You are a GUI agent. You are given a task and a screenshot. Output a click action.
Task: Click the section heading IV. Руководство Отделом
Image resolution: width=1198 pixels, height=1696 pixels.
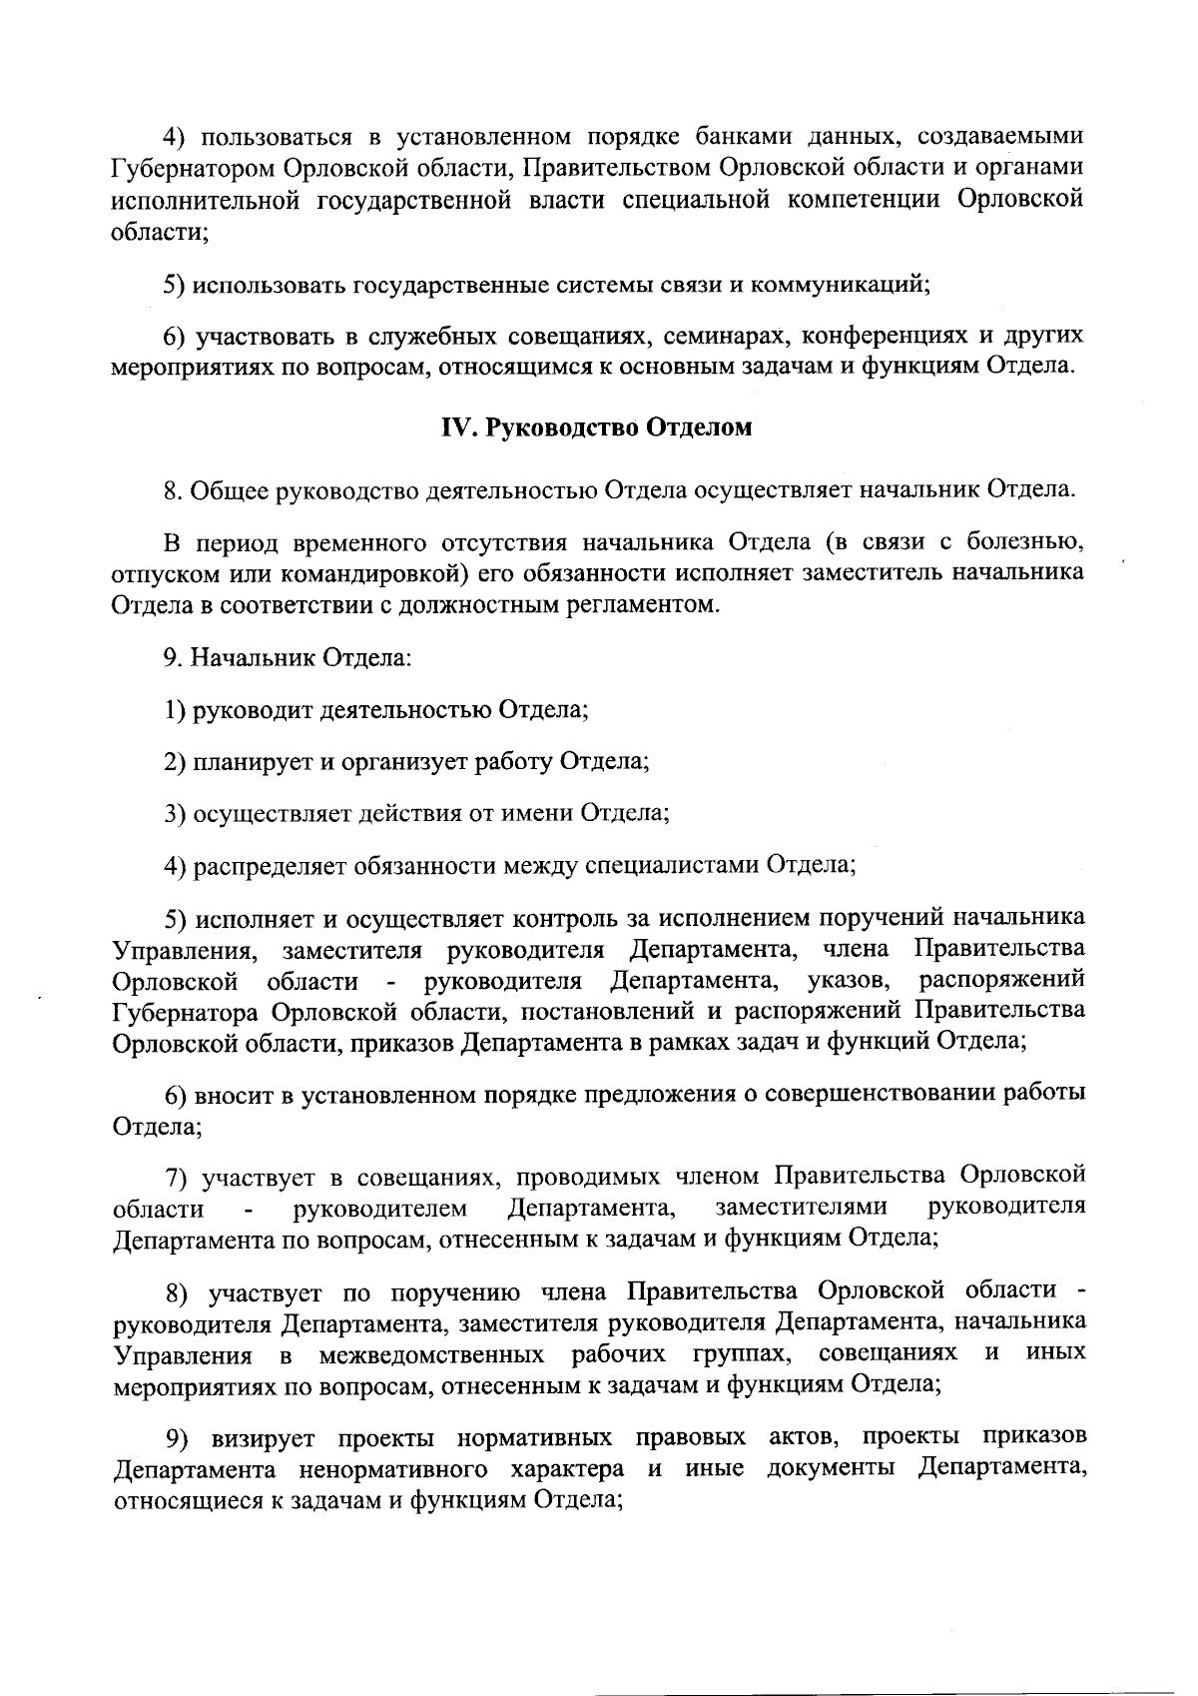point(597,428)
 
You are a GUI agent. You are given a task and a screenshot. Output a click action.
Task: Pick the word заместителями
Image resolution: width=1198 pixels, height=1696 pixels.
point(801,1209)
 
